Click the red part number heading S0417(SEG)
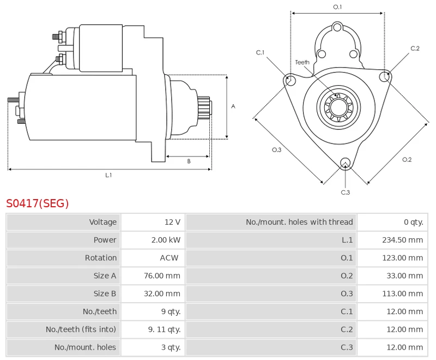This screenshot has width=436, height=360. coord(38,203)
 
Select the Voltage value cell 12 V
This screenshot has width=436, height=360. coord(172,222)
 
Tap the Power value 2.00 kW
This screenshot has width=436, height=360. coord(166,240)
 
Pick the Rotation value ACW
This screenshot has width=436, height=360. coord(169,258)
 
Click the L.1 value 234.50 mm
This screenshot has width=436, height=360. coord(402,240)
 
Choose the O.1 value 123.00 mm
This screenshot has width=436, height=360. coord(402,258)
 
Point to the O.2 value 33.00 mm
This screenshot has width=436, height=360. coord(404,276)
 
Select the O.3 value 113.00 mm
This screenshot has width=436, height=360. coord(402,293)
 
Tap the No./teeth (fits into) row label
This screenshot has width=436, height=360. coord(81,329)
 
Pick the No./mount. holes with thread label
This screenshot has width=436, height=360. coord(299,222)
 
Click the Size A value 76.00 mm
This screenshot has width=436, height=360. coord(162,276)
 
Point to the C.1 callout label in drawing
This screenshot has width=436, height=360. coord(261,52)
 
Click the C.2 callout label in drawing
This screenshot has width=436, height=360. coord(415,49)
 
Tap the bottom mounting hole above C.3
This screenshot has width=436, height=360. coord(344,163)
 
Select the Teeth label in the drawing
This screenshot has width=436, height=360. coord(302,62)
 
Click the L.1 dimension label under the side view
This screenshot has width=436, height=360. coord(108,175)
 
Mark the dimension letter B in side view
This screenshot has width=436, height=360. coord(189,161)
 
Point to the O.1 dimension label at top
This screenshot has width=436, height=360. coord(337,7)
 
